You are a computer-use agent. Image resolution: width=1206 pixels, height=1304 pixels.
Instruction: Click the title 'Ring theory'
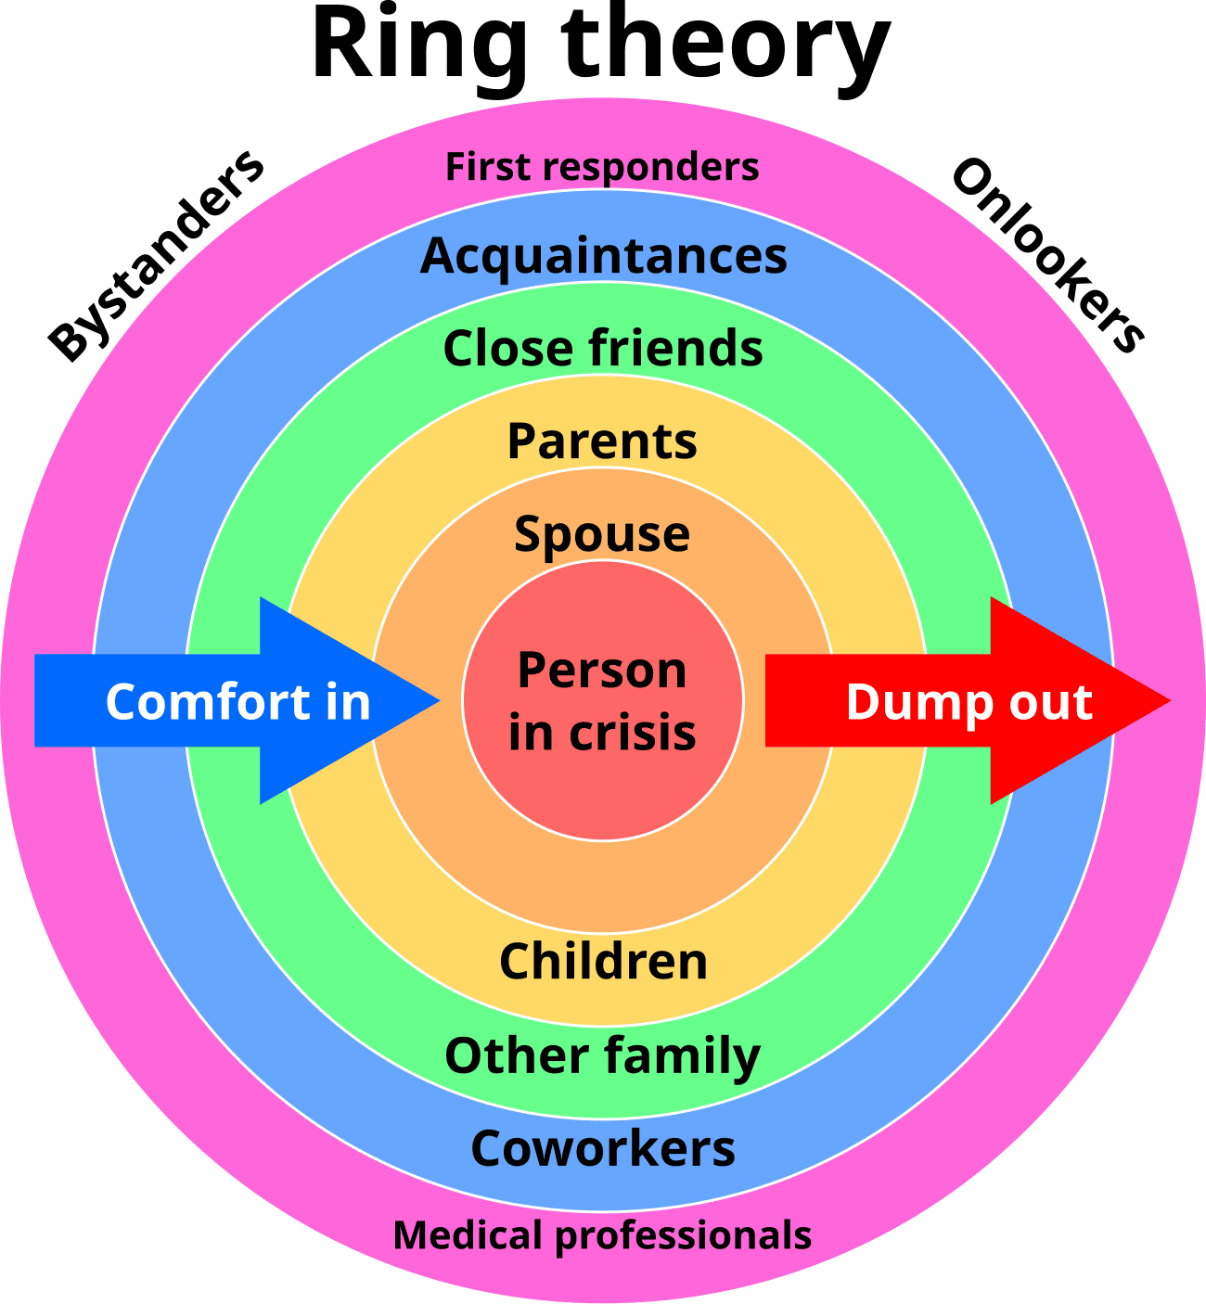point(601,49)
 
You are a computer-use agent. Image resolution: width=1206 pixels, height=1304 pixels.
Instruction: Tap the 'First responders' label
point(602,167)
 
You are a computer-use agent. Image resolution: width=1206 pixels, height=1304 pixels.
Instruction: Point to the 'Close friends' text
point(603,348)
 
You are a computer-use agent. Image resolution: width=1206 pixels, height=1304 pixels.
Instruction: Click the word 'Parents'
point(602,441)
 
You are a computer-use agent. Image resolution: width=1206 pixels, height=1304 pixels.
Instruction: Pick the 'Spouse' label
point(602,536)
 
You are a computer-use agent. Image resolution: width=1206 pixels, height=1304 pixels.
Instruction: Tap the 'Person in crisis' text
point(602,700)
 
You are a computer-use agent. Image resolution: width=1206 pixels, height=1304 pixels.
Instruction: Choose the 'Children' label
point(603,961)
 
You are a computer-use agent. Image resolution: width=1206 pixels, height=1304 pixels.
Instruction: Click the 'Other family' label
point(602,1058)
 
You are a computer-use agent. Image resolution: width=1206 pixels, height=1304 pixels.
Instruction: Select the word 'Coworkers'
point(603,1148)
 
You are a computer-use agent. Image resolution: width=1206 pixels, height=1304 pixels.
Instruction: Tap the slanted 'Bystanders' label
point(157,256)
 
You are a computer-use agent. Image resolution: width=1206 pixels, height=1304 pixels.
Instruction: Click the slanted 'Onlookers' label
point(1048,256)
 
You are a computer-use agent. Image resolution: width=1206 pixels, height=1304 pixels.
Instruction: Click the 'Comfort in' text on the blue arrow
point(237,702)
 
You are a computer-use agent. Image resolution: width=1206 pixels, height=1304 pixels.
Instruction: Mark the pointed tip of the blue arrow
point(440,700)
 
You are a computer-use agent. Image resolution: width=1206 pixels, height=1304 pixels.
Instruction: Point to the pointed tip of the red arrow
point(1171,700)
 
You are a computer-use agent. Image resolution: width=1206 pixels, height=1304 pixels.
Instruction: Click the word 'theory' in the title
point(725,49)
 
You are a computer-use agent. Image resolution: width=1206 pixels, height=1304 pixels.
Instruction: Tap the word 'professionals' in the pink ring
point(684,1238)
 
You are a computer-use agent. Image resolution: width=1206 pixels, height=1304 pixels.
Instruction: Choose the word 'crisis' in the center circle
point(633,732)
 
